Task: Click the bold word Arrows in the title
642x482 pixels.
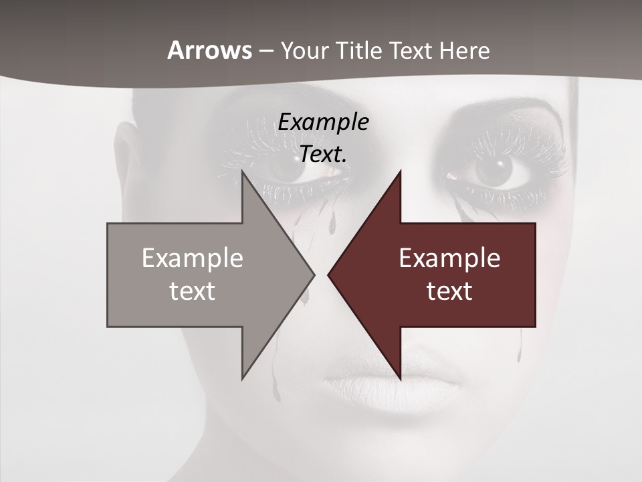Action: (209, 50)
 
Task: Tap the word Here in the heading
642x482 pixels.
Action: (465, 50)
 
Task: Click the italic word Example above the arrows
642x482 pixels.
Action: (323, 123)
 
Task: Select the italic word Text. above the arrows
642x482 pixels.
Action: (323, 154)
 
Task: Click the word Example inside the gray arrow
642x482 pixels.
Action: (193, 258)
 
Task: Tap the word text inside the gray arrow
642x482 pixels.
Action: (193, 291)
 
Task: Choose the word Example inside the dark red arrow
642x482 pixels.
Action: (449, 258)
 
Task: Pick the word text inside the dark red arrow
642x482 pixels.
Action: (449, 291)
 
